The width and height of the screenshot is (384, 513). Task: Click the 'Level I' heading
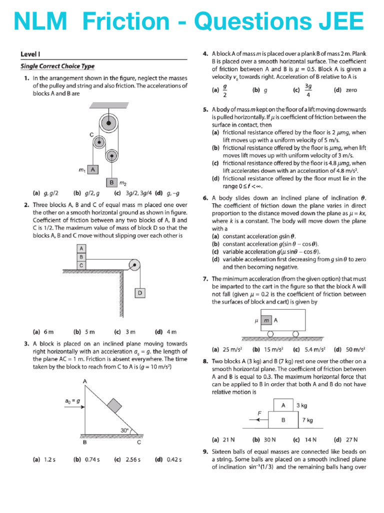click(30, 54)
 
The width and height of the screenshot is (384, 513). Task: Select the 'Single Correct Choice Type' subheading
click(57, 66)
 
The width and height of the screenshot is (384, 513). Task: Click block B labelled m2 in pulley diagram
click(113, 183)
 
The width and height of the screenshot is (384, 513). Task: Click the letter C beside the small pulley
click(91, 135)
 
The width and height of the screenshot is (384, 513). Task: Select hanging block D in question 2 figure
click(140, 293)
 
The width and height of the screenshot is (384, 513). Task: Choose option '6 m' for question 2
click(43, 332)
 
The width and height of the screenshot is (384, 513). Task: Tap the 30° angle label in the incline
click(124, 429)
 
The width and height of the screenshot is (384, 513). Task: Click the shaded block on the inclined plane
click(114, 405)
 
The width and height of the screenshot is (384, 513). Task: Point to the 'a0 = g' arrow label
click(73, 401)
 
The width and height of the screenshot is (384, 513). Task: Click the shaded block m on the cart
click(267, 320)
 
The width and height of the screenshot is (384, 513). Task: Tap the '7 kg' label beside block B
click(308, 420)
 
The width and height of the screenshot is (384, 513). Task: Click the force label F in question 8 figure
click(259, 413)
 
